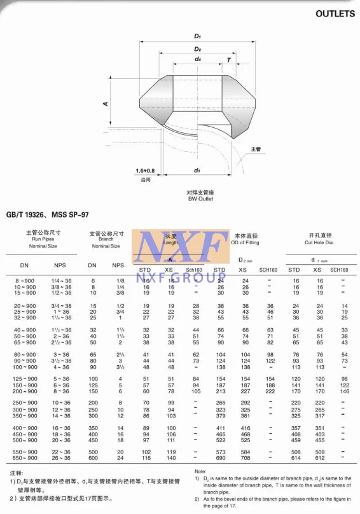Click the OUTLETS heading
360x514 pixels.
[335, 13]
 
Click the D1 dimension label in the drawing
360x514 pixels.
[198, 36]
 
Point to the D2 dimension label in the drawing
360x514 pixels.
[198, 49]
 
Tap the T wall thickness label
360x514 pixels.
[228, 60]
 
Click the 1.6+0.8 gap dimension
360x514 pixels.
[145, 171]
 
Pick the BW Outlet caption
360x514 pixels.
[200, 199]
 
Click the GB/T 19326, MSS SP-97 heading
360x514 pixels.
[48, 216]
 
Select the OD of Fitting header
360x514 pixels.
[245, 242]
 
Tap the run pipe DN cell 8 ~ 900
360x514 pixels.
[25, 280]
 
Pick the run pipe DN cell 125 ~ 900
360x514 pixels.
[25, 379]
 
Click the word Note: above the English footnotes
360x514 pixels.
[200, 471]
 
